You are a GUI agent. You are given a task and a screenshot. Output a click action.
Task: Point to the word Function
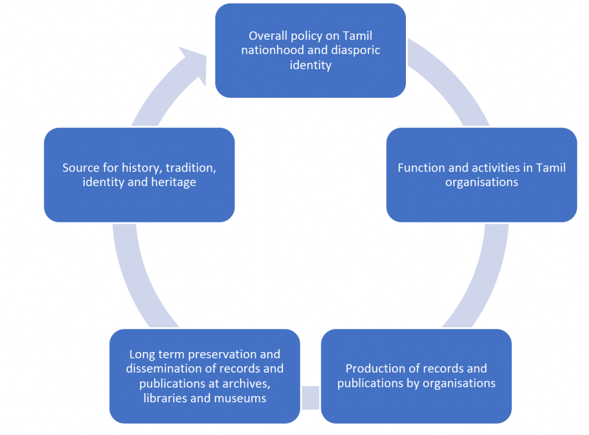(x=421, y=168)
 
